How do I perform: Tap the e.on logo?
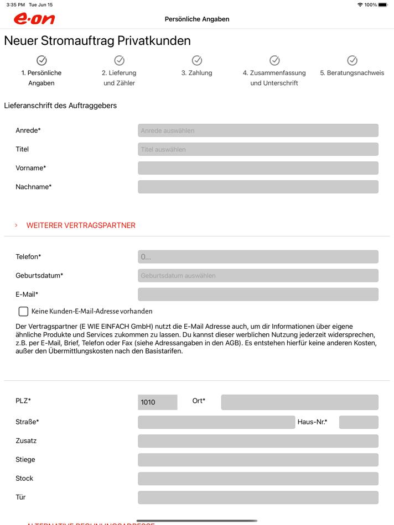click(34, 19)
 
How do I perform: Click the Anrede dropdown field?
click(258, 130)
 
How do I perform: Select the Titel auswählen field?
click(258, 149)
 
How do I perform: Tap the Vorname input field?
click(258, 168)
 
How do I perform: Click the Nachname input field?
click(258, 187)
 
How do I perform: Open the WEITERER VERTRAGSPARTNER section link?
click(81, 225)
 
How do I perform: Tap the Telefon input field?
click(258, 256)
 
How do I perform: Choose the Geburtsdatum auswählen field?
click(258, 275)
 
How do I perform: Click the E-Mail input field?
click(258, 294)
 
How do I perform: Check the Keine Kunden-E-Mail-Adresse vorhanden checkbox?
click(23, 311)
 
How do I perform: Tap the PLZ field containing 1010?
click(158, 402)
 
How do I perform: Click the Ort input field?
click(299, 402)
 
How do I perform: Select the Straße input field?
click(216, 422)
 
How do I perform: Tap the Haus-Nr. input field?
click(359, 422)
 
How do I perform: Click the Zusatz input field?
click(258, 441)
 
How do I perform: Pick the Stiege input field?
click(258, 460)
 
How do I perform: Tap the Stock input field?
click(258, 479)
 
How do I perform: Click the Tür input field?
click(258, 497)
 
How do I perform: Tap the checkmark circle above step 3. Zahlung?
click(197, 60)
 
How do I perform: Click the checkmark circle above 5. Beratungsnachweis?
click(352, 60)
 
